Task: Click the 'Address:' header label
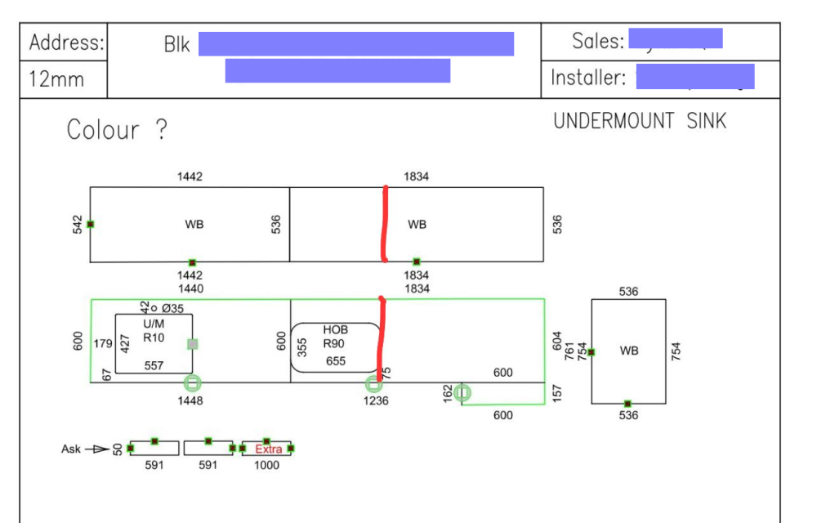tap(66, 43)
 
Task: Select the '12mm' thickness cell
tap(56, 80)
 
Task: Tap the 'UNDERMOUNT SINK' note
tap(639, 122)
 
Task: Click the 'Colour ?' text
tap(117, 130)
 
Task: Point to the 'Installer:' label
tap(588, 78)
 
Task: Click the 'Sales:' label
tap(598, 41)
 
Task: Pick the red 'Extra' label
tap(268, 449)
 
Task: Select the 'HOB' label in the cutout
tap(335, 329)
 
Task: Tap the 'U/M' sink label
tap(154, 324)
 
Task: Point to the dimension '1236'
tap(376, 401)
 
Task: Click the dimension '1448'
tap(190, 401)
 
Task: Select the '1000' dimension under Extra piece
tap(266, 466)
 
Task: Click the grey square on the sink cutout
tap(192, 344)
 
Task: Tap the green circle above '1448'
tap(192, 382)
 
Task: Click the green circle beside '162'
tap(462, 393)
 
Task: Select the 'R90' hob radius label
tap(334, 344)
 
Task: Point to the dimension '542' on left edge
tap(77, 224)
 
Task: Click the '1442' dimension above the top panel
tap(190, 177)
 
